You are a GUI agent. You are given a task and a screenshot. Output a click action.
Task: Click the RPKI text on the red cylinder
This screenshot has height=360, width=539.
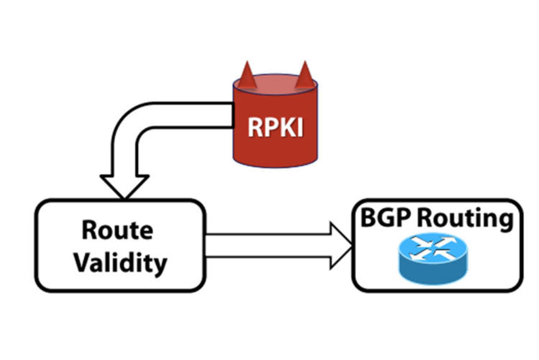click(x=275, y=127)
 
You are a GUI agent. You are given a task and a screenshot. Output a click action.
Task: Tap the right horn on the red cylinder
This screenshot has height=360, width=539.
click(x=305, y=76)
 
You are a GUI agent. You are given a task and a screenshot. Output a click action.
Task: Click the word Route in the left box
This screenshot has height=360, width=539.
click(x=117, y=231)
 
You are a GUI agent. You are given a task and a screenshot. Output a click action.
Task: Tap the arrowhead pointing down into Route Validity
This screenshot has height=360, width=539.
click(x=124, y=186)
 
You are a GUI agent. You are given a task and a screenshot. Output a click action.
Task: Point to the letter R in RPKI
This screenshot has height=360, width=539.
click(x=255, y=127)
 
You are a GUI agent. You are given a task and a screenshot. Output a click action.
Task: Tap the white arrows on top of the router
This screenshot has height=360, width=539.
click(x=433, y=248)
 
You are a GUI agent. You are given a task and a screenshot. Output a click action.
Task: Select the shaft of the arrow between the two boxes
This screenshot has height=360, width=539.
click(x=267, y=246)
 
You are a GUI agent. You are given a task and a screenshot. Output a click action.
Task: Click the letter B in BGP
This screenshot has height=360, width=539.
click(x=368, y=218)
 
